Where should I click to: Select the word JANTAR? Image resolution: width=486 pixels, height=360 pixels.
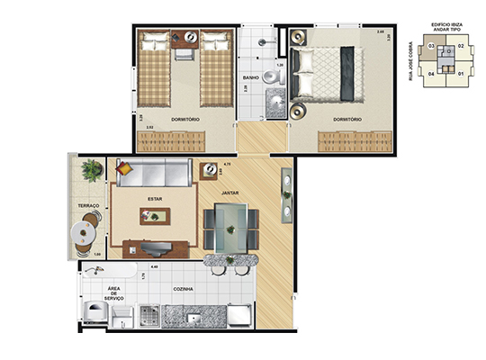(211, 190)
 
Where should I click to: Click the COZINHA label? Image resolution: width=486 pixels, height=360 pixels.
(187, 290)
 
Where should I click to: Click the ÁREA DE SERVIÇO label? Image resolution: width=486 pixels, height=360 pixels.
(114, 292)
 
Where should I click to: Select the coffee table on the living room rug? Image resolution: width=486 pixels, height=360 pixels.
(156, 216)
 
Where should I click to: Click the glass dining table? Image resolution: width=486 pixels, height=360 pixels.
(231, 229)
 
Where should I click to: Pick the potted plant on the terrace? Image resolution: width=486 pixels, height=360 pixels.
(92, 169)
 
